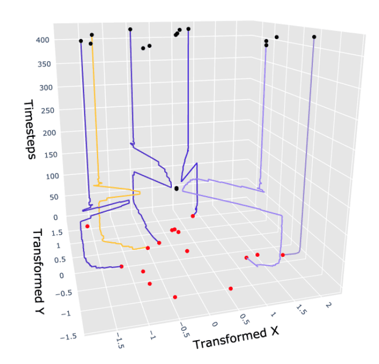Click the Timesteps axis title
[x=29, y=129]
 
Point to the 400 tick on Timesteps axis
[x=43, y=40]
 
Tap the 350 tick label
[x=43, y=64]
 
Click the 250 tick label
[x=44, y=111]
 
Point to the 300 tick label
[x=44, y=87]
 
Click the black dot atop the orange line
[x=92, y=35]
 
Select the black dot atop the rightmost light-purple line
[x=314, y=37]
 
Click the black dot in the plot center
[x=176, y=189]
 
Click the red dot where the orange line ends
[x=147, y=248]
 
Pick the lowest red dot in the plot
[x=175, y=297]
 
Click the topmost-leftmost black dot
[x=81, y=41]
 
